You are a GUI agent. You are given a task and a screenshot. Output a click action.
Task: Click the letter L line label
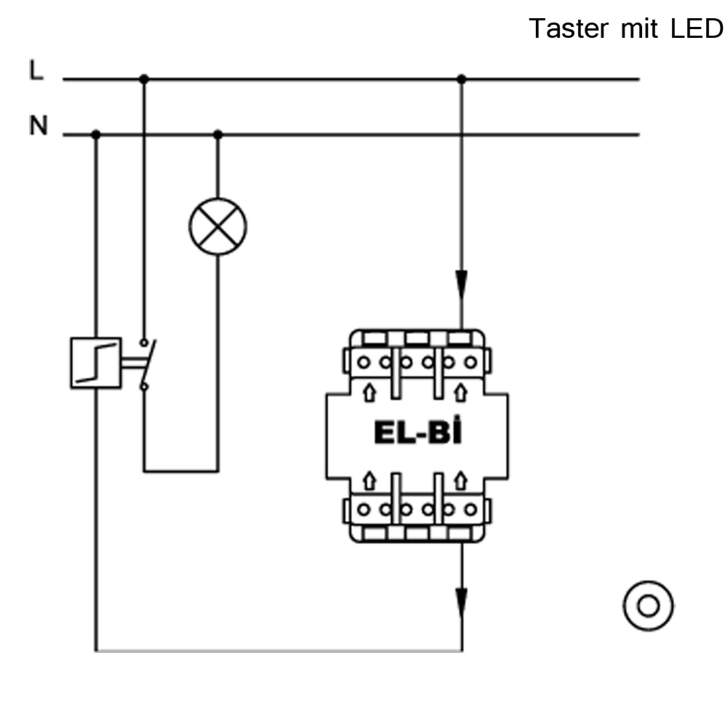pyautogui.click(x=36, y=71)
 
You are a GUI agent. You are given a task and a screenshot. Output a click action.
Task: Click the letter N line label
pyautogui.click(x=39, y=125)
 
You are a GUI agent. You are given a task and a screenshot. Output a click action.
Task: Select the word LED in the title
pyautogui.click(x=697, y=28)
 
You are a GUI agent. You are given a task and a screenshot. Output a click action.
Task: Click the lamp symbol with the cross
pyautogui.click(x=218, y=226)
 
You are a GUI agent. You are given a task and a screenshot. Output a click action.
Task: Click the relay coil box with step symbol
pyautogui.click(x=96, y=363)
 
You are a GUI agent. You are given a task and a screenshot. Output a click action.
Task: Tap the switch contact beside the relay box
pyautogui.click(x=148, y=364)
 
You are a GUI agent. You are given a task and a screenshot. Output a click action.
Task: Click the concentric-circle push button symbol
pyautogui.click(x=648, y=606)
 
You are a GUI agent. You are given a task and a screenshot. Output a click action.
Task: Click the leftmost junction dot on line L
pyautogui.click(x=144, y=79)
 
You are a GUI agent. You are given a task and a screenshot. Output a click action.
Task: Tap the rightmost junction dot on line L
pyautogui.click(x=462, y=79)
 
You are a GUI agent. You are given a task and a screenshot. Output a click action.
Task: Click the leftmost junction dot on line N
pyautogui.click(x=96, y=134)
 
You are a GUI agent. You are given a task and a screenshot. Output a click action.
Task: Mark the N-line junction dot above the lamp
pyautogui.click(x=218, y=134)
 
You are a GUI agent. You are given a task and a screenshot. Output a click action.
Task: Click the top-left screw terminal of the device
pyautogui.click(x=364, y=363)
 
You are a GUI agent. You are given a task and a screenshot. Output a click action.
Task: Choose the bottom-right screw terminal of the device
pyautogui.click(x=471, y=510)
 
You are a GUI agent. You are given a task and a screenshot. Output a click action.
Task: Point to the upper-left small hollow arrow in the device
pyautogui.click(x=370, y=393)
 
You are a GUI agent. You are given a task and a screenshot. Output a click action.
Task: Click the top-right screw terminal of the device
pyautogui.click(x=471, y=363)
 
